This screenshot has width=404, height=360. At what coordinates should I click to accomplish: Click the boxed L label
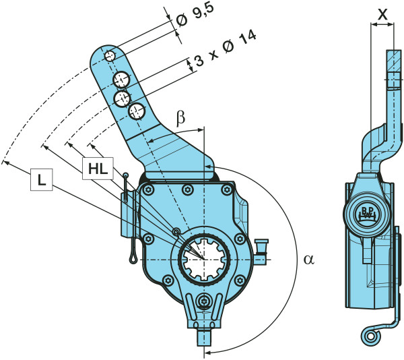[x=42, y=180]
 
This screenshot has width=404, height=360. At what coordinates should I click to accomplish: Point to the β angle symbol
[x=180, y=118]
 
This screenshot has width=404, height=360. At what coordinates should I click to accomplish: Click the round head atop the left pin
[x=126, y=176]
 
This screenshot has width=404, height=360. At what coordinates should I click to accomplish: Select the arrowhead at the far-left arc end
[x=4, y=162]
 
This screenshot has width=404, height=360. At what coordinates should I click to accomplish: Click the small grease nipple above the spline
[x=176, y=232]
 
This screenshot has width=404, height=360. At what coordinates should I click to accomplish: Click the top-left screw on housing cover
[x=146, y=192]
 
